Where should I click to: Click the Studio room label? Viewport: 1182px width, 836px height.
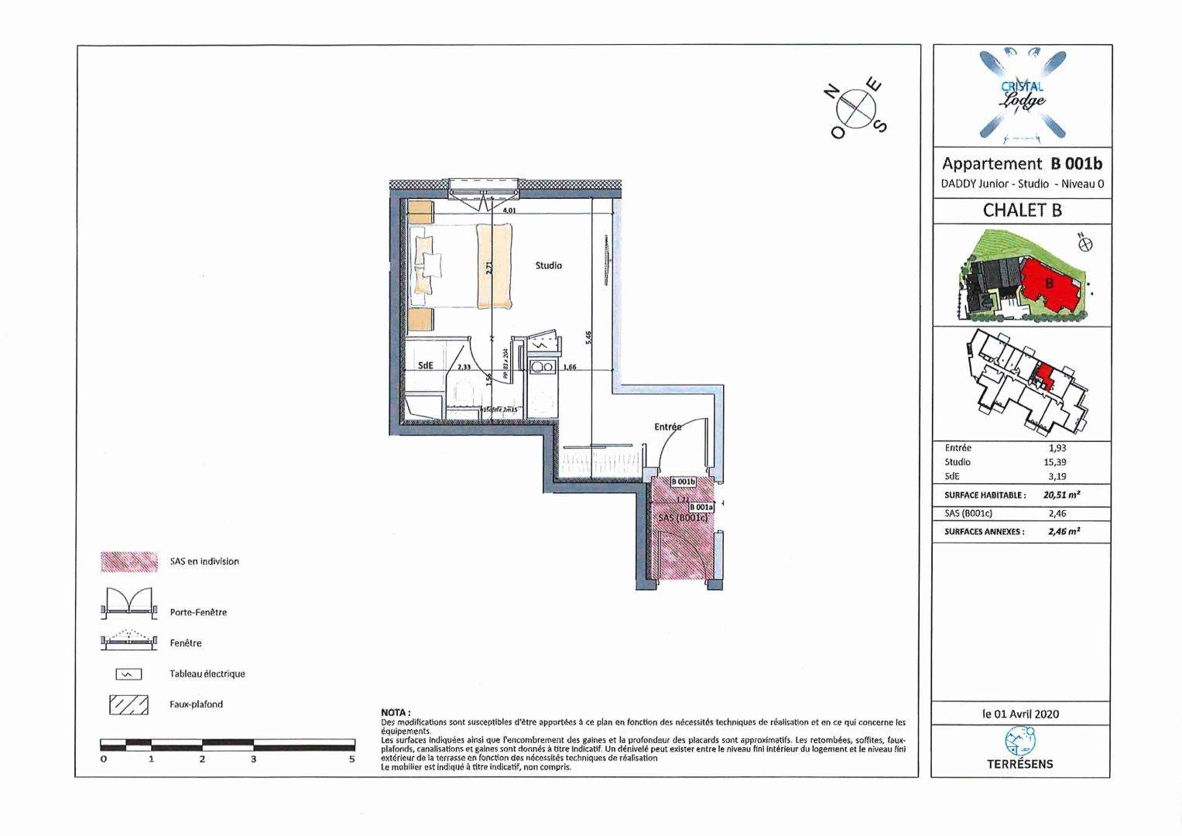pyautogui.click(x=548, y=266)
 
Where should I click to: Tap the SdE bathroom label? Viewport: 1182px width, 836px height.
pyautogui.click(x=425, y=365)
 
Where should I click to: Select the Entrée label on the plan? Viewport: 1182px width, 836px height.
pyautogui.click(x=667, y=427)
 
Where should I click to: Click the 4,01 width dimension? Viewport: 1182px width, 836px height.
pyautogui.click(x=509, y=210)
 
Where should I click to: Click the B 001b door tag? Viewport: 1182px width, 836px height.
pyautogui.click(x=684, y=481)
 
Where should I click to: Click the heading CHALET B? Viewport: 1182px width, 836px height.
pyautogui.click(x=1022, y=210)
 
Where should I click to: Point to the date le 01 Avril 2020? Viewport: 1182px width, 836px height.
pyautogui.click(x=1020, y=714)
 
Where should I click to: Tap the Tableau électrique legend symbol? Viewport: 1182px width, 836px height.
pyautogui.click(x=128, y=674)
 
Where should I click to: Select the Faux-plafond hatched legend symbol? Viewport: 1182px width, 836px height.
pyautogui.click(x=128, y=704)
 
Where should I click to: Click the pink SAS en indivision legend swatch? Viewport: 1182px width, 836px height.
pyautogui.click(x=128, y=562)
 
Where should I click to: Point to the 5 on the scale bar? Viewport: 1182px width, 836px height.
pyautogui.click(x=352, y=759)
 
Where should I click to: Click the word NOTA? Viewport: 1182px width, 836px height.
pyautogui.click(x=396, y=712)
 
